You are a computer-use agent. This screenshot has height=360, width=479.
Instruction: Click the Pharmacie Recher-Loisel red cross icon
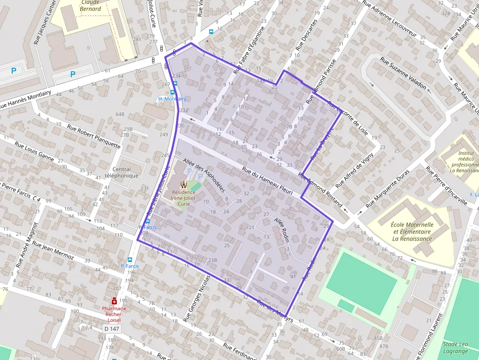[x=114, y=301]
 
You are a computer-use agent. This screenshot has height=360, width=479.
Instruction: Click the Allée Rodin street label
[x=283, y=227]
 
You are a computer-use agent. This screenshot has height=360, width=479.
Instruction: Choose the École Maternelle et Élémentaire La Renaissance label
[x=412, y=232]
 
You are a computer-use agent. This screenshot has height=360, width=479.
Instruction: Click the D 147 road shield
[x=111, y=329]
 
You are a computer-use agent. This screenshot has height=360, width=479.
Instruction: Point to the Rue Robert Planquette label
[x=94, y=136]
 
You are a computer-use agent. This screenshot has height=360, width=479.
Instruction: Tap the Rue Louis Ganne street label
[x=34, y=151]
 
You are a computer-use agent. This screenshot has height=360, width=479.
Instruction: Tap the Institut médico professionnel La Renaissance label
[x=464, y=162]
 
